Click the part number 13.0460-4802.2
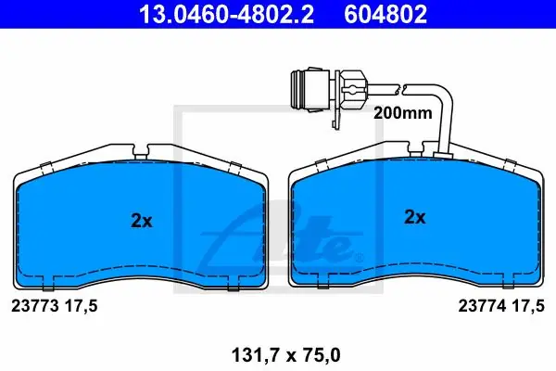pyautogui.click(x=226, y=14)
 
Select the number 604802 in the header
pyautogui.click(x=385, y=14)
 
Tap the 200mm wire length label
pyautogui.click(x=403, y=113)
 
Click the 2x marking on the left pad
pyautogui.click(x=142, y=221)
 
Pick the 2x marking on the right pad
pyautogui.click(x=415, y=216)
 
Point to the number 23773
pyautogui.click(x=35, y=306)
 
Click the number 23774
pyautogui.click(x=482, y=306)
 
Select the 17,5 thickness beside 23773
pyautogui.click(x=81, y=306)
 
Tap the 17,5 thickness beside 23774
pyautogui.click(x=528, y=306)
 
